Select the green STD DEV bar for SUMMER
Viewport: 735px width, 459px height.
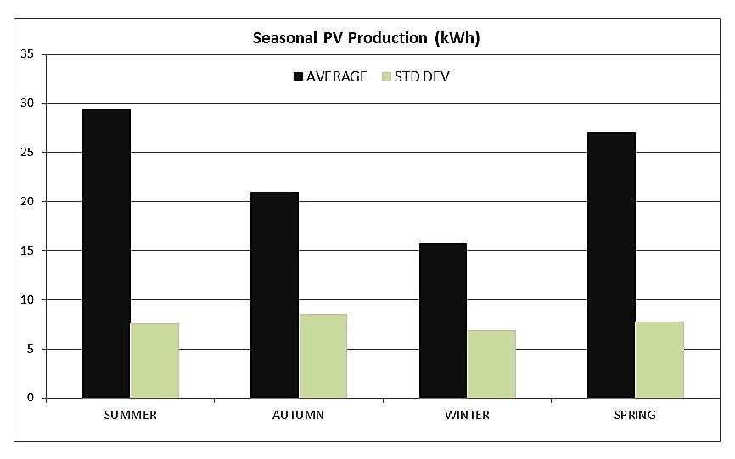click(x=154, y=361)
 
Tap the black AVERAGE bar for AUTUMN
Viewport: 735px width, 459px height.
click(x=274, y=294)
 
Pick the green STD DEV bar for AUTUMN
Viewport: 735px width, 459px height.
click(x=323, y=356)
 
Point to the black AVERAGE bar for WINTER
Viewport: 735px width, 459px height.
click(x=443, y=321)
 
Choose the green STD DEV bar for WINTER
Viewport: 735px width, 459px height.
click(x=491, y=364)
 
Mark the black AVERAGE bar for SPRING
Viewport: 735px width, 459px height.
click(x=611, y=265)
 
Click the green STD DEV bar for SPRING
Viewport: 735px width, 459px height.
click(x=659, y=360)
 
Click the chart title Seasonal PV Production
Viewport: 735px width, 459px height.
click(x=367, y=38)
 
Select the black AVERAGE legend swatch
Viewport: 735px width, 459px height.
click(x=298, y=76)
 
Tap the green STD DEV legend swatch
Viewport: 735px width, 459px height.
click(x=388, y=76)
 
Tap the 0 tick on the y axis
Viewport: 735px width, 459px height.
click(x=30, y=398)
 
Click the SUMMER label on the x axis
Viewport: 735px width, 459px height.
click(x=130, y=415)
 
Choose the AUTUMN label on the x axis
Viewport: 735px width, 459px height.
click(x=298, y=415)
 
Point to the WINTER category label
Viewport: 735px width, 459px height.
click(x=467, y=415)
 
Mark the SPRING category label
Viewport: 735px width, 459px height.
click(x=635, y=415)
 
